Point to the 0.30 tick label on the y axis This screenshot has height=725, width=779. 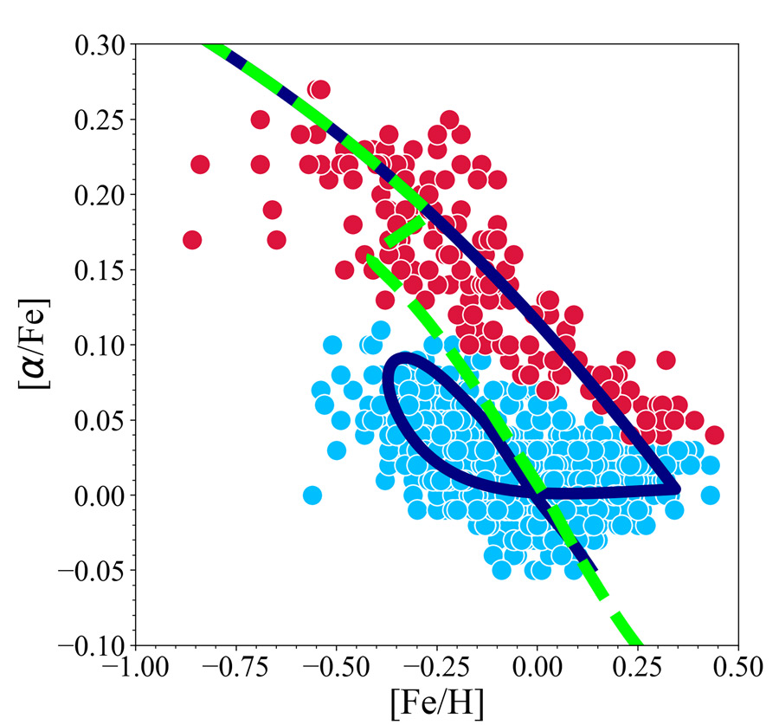click(x=98, y=44)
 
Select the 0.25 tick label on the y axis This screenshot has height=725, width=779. click(x=98, y=120)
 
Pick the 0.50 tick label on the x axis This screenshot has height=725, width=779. click(x=738, y=668)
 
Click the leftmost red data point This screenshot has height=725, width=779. click(x=192, y=240)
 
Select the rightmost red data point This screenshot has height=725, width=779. click(x=715, y=435)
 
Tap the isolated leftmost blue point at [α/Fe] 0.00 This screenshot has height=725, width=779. click(x=312, y=495)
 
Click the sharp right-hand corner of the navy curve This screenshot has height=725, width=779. click(x=678, y=489)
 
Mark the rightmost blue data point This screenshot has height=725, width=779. click(x=711, y=495)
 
